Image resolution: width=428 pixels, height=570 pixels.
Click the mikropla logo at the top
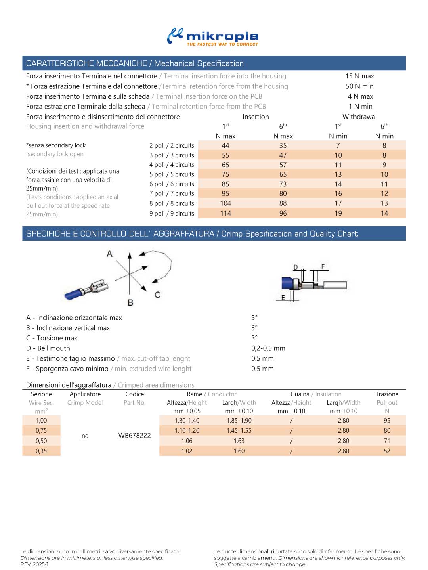pos(213,37)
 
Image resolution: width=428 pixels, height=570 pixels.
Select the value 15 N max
pos(359,76)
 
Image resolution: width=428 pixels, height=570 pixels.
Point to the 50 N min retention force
pos(359,86)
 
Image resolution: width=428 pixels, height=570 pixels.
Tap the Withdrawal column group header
pos(359,117)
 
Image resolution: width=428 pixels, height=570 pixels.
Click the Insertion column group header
pos(256,117)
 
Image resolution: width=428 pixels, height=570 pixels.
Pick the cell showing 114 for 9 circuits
pos(225,213)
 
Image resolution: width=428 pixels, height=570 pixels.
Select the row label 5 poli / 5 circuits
pos(172,174)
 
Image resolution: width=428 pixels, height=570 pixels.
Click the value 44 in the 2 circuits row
pos(225,146)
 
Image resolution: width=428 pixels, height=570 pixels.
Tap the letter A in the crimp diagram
pos(110,254)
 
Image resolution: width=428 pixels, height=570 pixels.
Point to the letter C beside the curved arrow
pos(157,295)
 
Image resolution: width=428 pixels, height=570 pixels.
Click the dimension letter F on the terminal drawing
pos(323,267)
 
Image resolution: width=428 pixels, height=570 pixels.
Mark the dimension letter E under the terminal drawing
pos(283,298)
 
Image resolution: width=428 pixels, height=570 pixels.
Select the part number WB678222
pos(135,436)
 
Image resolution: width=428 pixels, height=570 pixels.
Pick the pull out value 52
pos(387,451)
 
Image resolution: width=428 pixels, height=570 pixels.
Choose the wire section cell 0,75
pos(41,431)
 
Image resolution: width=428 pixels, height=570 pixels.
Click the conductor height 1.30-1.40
pos(187,421)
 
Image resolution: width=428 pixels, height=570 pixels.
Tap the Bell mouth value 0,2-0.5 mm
pos(268,348)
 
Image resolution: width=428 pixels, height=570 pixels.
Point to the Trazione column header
pos(387,394)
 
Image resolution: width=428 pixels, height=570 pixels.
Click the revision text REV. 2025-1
pos(34,564)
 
